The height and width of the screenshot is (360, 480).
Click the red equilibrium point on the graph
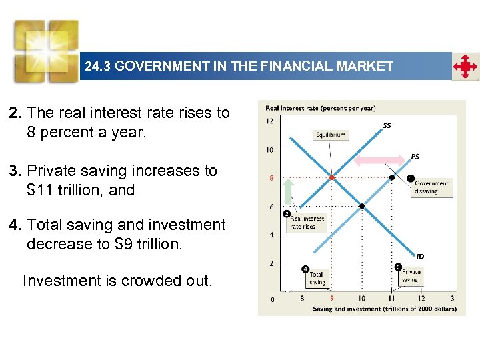coord(332,178)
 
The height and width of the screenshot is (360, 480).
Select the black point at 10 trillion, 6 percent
coord(362,207)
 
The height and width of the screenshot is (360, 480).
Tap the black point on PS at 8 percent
coord(392,178)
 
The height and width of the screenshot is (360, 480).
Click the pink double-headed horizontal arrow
coord(379,160)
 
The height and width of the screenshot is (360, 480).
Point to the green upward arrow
coord(288,191)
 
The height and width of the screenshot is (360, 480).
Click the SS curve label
coord(387,125)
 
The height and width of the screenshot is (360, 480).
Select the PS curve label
coord(415,157)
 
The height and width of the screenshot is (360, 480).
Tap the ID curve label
coord(420,256)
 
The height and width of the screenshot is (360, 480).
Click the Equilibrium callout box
coord(330,135)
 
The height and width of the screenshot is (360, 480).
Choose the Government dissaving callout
coord(431,187)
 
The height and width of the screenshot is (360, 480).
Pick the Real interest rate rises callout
coord(307,222)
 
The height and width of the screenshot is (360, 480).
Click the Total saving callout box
coord(317,277)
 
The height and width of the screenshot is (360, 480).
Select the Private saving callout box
coord(411,275)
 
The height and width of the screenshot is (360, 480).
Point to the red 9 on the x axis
coord(331,299)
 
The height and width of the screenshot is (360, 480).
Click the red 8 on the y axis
coord(271,178)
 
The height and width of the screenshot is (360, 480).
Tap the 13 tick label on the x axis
coord(451,299)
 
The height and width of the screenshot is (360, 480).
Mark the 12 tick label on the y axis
coord(269,121)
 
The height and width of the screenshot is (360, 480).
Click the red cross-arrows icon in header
coord(465,67)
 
